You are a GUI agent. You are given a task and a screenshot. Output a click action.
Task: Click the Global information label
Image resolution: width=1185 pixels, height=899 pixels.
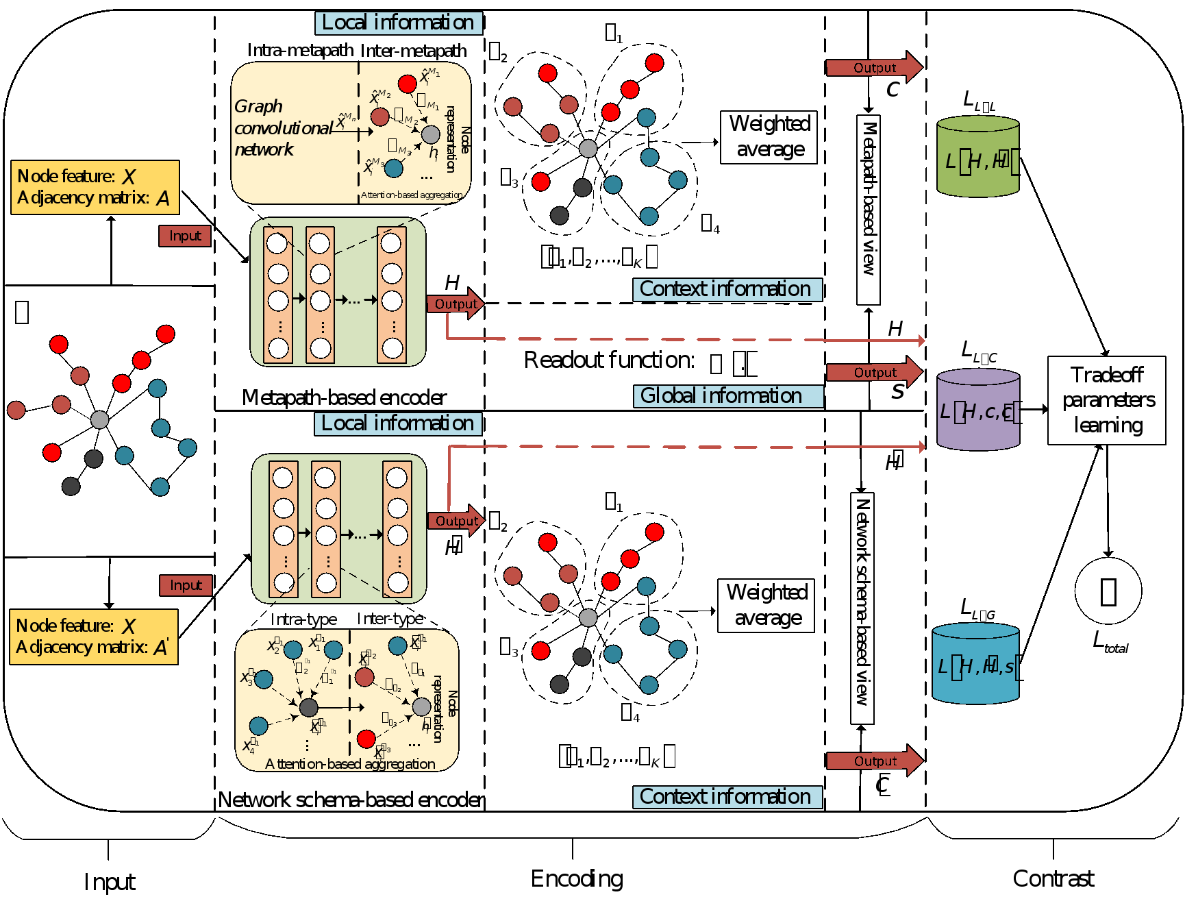pos(728,396)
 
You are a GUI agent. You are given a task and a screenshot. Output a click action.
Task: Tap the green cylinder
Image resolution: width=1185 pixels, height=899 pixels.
pos(977,157)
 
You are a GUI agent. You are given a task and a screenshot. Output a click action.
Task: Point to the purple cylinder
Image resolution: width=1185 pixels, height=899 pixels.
pos(977,410)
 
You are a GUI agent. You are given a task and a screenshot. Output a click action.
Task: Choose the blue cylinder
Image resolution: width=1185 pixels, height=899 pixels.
pos(975,663)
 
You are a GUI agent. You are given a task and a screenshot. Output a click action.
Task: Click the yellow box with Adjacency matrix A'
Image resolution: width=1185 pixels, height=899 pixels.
pos(94,637)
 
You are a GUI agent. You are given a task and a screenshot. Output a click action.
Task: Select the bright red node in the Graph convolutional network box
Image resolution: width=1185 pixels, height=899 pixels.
pos(407,84)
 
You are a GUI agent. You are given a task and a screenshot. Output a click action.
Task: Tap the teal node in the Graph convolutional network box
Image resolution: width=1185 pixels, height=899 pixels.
pos(393,168)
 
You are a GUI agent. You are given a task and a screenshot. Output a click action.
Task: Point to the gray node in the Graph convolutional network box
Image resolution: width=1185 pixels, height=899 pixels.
pos(430,134)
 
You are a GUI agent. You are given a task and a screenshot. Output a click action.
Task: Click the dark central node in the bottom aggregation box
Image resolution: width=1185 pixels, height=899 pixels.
pos(309,707)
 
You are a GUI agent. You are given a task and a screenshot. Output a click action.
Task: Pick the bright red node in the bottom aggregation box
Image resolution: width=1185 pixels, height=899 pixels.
pos(366,739)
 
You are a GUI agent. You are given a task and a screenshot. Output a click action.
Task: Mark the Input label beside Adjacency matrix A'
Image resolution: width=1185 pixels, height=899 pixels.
pos(186,585)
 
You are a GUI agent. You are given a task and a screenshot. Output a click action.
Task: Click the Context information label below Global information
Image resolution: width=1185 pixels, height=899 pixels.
pos(727,797)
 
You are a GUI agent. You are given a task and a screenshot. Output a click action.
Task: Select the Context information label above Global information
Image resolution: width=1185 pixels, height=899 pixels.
pos(727,289)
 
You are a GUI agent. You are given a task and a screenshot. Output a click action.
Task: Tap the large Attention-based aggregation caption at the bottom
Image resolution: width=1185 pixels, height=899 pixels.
pos(350,764)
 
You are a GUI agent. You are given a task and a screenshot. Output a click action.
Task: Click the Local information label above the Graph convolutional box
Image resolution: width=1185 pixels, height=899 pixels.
pos(398,23)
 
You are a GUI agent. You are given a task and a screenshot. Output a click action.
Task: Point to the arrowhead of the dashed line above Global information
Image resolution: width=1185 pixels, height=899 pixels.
pos(921,341)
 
